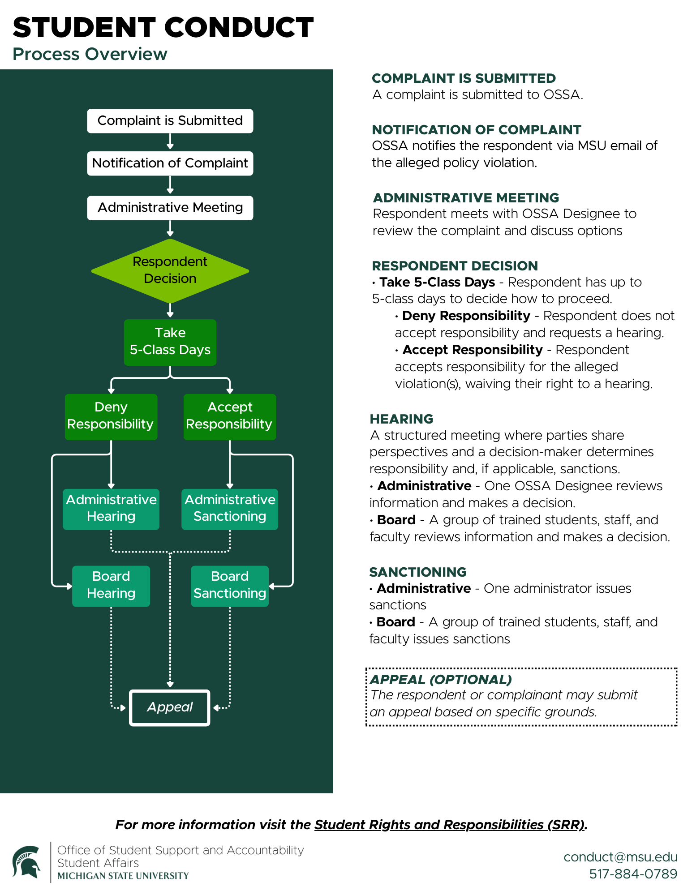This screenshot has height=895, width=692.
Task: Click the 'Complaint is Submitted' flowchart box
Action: point(170,121)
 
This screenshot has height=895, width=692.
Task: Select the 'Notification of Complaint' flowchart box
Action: point(170,163)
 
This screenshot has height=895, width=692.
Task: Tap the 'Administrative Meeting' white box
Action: point(170,208)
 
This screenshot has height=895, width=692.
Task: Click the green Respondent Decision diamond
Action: point(170,270)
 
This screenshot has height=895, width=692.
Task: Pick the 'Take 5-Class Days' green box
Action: point(170,343)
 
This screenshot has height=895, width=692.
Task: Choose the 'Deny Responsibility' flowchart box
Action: point(111,417)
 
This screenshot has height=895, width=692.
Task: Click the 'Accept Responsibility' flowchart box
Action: point(230,417)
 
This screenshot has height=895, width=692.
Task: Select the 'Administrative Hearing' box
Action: point(111,509)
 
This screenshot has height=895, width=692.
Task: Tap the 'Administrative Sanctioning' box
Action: point(230,509)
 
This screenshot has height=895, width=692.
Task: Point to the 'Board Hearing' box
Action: point(111,586)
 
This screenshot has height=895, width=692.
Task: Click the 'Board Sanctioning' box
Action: point(230,586)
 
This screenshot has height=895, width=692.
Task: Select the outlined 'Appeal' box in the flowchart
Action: point(170,707)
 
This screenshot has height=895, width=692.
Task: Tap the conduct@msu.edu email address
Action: point(620,857)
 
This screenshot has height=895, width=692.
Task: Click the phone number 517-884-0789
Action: point(633,874)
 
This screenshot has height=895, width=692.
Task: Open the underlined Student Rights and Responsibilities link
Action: point(450,825)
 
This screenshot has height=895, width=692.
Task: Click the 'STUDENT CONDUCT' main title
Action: point(163,27)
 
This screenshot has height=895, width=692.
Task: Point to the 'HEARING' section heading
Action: point(402,419)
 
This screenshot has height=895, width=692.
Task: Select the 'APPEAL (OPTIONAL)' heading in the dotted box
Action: point(441,680)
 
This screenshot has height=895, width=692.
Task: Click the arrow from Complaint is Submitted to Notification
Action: point(170,141)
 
